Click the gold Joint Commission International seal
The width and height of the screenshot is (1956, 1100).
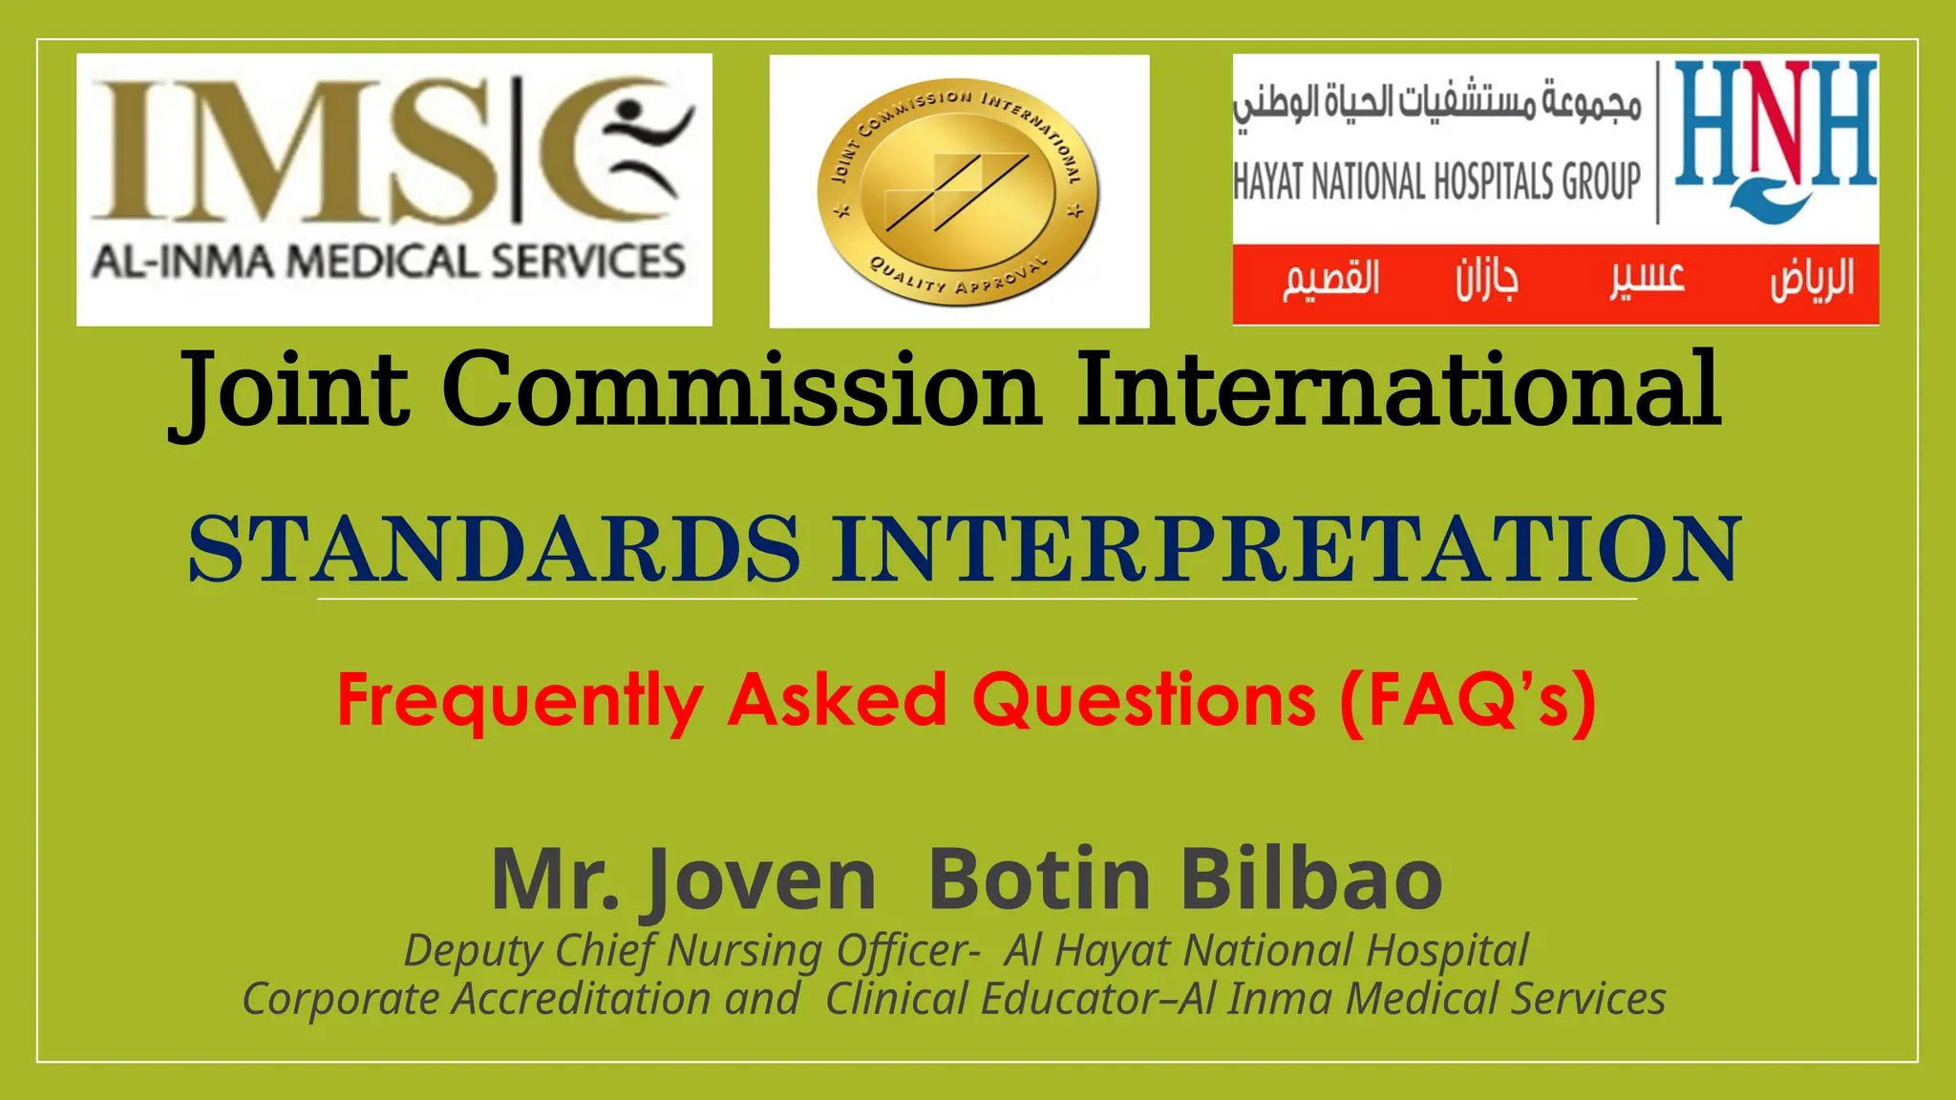pos(958,191)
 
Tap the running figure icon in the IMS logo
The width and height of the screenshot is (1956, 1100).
pos(649,143)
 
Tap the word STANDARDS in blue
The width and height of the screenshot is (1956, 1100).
pos(494,549)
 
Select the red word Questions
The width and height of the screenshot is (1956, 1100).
pos(1143,700)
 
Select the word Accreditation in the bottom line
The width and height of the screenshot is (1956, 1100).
pos(581,1000)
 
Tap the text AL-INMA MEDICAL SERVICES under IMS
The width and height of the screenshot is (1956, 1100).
pos(389,262)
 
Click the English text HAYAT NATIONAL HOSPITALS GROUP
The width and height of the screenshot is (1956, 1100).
pos(1436,181)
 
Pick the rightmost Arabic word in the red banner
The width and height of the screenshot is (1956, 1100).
pos(1812,280)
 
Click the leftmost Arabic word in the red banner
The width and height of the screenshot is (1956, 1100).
pos(1331,280)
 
